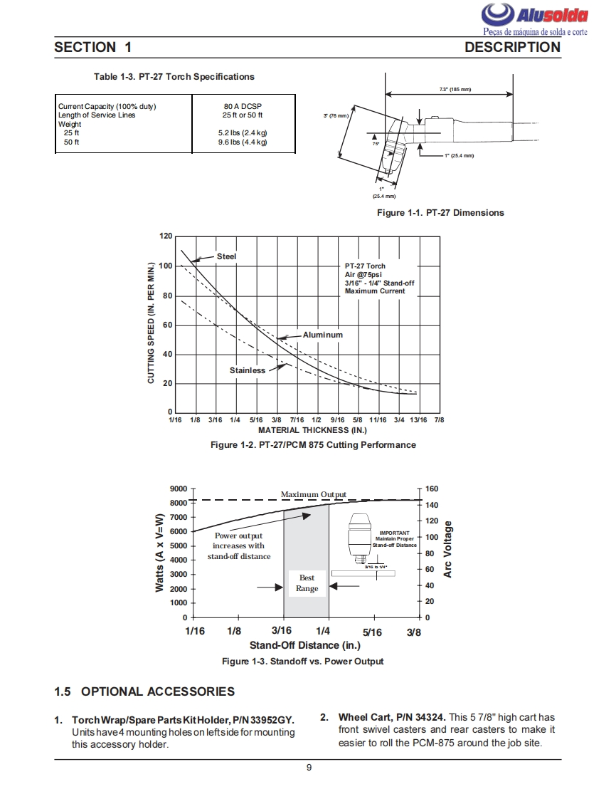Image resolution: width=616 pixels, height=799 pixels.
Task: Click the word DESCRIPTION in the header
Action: click(x=512, y=48)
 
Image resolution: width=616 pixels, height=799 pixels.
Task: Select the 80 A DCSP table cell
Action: click(x=243, y=106)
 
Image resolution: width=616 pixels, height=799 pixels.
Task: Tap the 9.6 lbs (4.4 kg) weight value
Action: click(x=243, y=142)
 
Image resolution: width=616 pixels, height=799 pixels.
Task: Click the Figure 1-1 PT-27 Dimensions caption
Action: click(x=440, y=213)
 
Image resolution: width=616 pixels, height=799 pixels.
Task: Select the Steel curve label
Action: click(x=226, y=256)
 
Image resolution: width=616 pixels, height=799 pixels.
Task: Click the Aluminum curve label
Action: click(x=322, y=335)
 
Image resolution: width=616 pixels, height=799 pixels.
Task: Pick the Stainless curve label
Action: click(x=247, y=370)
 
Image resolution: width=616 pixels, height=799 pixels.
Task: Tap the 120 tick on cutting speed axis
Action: click(x=166, y=236)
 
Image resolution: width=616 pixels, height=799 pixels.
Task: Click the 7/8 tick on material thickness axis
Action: click(x=439, y=420)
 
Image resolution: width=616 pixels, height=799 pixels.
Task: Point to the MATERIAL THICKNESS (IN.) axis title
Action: click(x=312, y=430)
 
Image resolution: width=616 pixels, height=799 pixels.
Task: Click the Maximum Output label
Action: click(x=313, y=495)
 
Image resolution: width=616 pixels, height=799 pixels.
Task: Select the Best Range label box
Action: click(x=307, y=583)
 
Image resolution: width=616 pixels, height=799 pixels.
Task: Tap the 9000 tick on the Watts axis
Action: click(x=179, y=489)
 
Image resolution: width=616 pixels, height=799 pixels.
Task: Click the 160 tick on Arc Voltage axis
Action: click(x=432, y=489)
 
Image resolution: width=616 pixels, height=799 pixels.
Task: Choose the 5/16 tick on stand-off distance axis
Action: click(x=372, y=632)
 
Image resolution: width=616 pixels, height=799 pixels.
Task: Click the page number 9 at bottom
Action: click(x=308, y=768)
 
